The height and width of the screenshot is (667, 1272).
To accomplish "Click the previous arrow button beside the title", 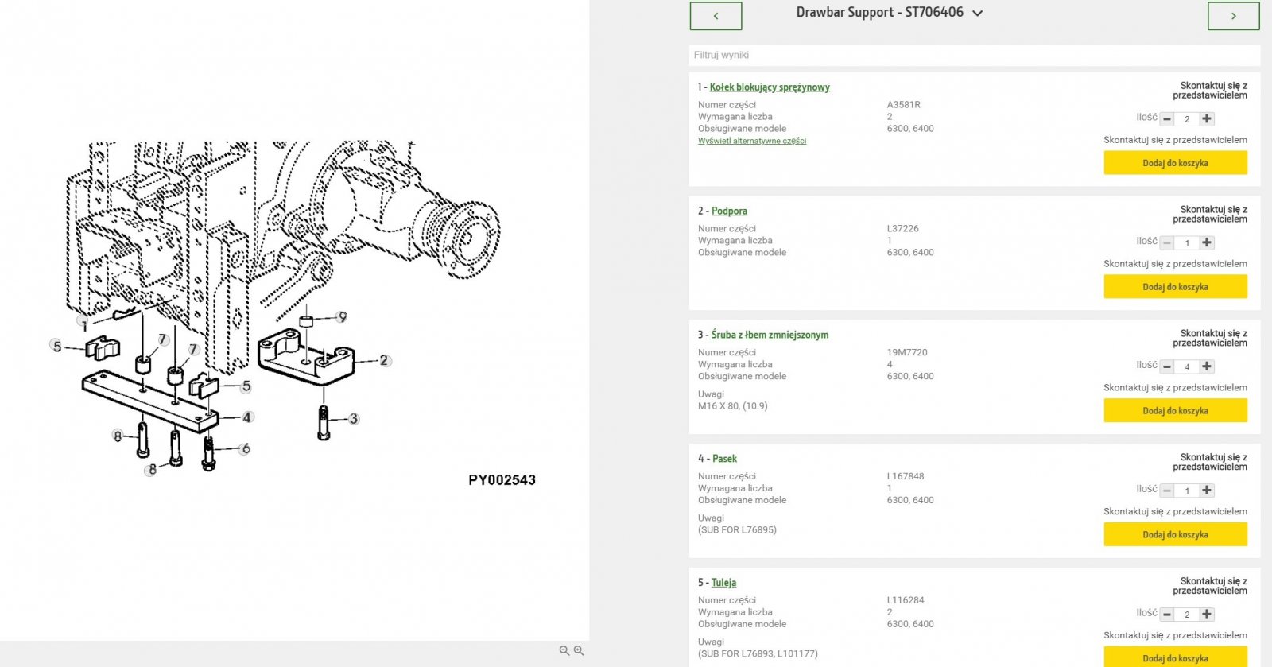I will (715, 16).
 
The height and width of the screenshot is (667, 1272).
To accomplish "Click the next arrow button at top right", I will (1233, 16).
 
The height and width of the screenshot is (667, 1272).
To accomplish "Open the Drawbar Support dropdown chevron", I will (978, 14).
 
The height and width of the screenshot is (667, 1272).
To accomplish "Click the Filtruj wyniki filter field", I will (975, 55).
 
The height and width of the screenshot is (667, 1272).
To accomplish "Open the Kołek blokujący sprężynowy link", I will (770, 87).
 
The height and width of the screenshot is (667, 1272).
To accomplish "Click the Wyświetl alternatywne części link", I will (752, 141).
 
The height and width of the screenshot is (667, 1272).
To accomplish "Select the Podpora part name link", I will (729, 211).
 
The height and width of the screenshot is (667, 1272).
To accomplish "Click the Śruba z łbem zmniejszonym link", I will (770, 335).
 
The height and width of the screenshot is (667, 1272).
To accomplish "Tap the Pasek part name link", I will (724, 460).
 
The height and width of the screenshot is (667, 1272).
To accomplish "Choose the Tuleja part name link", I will (723, 583).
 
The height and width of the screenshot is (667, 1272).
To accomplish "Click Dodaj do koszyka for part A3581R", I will (1175, 163).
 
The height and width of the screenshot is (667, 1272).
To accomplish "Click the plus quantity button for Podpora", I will (1207, 242).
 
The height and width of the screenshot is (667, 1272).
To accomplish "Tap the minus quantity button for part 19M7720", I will (1167, 366).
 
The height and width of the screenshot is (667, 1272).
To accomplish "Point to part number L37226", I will (903, 229).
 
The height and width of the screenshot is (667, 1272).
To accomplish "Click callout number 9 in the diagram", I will (342, 316).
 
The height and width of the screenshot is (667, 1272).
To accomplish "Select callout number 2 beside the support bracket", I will (384, 360).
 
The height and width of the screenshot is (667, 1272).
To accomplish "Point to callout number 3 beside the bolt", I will (354, 418).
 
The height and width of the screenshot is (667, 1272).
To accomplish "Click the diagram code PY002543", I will (502, 480).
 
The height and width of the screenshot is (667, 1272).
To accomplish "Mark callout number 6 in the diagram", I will (246, 448).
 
